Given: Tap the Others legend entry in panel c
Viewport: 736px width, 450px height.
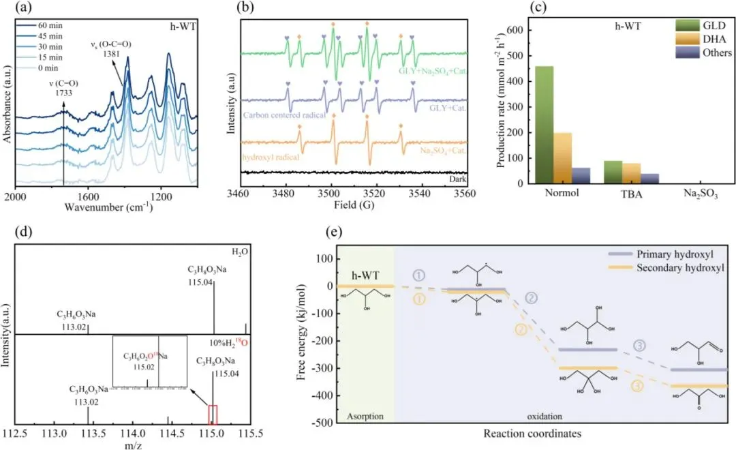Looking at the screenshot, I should (716, 52).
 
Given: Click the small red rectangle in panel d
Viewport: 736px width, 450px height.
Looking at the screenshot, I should (212, 415).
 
